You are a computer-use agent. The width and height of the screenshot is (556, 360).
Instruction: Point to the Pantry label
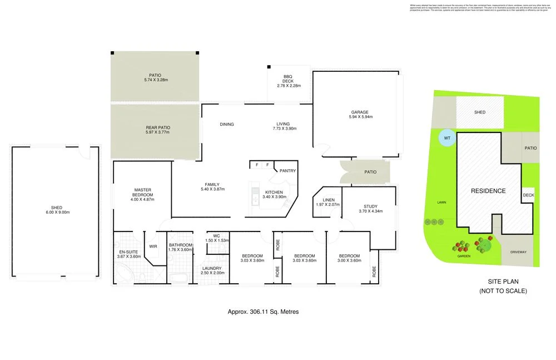tap(287, 171)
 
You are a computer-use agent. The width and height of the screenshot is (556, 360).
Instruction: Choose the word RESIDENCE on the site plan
tap(488, 191)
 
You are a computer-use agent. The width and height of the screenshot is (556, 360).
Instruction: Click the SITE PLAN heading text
tap(503, 281)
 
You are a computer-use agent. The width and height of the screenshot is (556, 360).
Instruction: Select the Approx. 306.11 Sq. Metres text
tap(263, 312)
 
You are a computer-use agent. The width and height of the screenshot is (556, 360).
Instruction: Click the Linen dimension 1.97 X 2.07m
tap(327, 204)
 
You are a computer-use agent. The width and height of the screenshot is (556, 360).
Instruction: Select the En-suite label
tap(128, 252)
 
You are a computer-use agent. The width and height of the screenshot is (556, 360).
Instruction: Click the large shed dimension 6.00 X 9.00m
tap(56, 213)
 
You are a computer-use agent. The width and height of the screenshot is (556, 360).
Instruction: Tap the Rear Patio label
tap(157, 128)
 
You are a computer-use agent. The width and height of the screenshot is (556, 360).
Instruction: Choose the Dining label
tap(227, 124)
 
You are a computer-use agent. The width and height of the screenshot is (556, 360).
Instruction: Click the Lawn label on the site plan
tap(442, 203)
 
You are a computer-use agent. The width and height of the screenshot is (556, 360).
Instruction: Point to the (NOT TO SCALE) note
tap(503, 291)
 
